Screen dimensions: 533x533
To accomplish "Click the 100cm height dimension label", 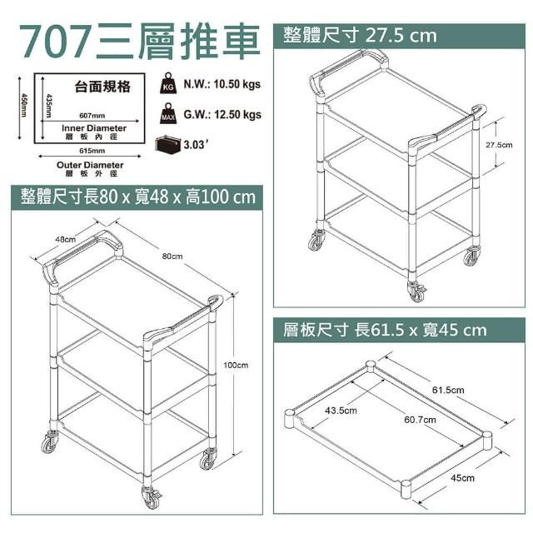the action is [x=236, y=366].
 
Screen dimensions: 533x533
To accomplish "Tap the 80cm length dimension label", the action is [x=172, y=257].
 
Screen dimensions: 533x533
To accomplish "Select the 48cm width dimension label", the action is [x=65, y=239].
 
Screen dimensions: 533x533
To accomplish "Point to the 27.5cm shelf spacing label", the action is [x=499, y=145].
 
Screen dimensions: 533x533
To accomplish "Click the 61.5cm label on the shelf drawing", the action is [x=448, y=390].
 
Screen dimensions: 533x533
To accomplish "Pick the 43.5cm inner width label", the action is [x=341, y=411].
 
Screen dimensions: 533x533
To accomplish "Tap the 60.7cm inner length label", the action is [x=420, y=420].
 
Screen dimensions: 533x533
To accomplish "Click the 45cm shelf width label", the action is [x=463, y=478].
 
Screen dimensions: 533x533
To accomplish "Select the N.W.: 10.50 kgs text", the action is [x=222, y=84].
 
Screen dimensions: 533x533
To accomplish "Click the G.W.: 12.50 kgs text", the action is [x=222, y=114].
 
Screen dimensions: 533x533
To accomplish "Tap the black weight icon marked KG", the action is [x=168, y=83].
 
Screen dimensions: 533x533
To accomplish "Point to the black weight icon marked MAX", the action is [x=168, y=113].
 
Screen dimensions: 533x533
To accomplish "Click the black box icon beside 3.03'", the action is [x=168, y=145].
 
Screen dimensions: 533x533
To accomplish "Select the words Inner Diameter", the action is [x=94, y=128].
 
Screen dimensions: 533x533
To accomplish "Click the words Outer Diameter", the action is [x=90, y=165].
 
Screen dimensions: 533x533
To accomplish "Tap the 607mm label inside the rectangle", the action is [x=92, y=116].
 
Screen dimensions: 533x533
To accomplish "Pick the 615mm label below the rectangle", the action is [x=92, y=151].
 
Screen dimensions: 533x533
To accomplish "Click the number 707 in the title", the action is [x=56, y=42].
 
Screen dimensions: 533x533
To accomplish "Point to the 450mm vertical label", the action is [x=23, y=105].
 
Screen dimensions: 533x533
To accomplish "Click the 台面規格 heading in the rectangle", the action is [x=102, y=87].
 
